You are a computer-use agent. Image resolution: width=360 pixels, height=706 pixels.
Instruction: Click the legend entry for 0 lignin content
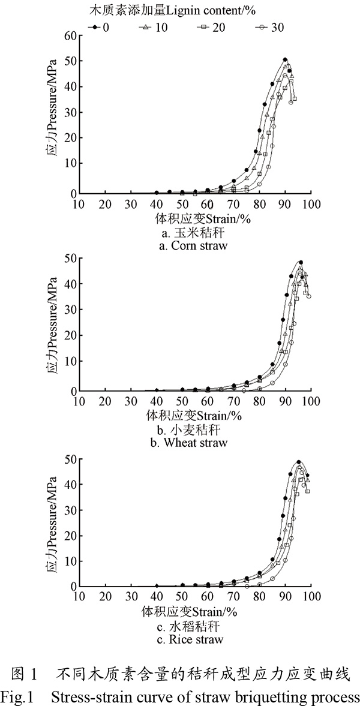click(99, 28)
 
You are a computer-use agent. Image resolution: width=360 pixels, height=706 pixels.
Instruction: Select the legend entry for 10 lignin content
click(152, 28)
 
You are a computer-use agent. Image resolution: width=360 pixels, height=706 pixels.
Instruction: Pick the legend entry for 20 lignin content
click(211, 28)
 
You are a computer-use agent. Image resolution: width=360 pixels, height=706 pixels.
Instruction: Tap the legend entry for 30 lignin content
click(270, 28)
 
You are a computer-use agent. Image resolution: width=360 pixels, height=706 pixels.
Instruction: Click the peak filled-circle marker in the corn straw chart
click(285, 59)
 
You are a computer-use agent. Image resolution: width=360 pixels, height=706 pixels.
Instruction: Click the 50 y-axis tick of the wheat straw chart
click(70, 259)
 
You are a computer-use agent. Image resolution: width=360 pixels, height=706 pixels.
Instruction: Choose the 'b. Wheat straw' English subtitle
click(189, 443)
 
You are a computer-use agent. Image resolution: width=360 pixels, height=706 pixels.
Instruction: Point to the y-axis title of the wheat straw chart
click(53, 324)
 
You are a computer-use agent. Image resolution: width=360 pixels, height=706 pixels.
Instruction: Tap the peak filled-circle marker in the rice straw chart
click(299, 462)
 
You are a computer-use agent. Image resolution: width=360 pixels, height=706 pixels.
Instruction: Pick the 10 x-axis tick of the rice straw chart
click(79, 597)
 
